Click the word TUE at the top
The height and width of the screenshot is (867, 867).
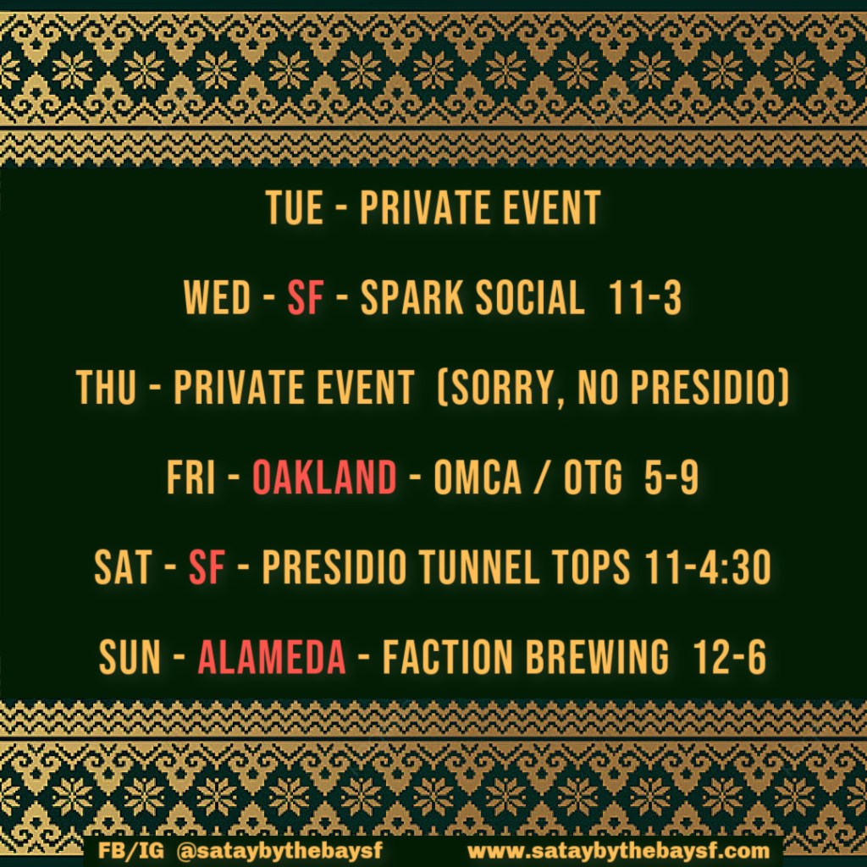click(295, 207)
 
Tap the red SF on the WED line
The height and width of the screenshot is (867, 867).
click(305, 297)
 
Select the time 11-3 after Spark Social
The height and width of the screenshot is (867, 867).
click(644, 297)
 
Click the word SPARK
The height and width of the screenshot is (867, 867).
click(412, 297)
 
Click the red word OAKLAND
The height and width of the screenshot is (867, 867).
click(324, 477)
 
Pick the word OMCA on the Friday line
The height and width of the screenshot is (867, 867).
click(478, 477)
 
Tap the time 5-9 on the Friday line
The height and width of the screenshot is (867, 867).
click(671, 477)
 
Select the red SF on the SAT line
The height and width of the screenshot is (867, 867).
click(207, 567)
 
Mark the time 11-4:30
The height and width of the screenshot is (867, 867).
click(708, 567)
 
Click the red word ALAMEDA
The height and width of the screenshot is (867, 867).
click(272, 657)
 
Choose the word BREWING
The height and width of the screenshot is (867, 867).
click(597, 657)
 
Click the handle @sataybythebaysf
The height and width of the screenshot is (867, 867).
click(279, 850)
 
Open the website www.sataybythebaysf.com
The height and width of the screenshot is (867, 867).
click(618, 850)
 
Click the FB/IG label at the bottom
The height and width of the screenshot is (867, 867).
click(131, 850)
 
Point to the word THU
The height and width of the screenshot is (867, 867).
click(106, 387)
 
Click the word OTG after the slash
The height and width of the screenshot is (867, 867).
click(593, 477)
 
